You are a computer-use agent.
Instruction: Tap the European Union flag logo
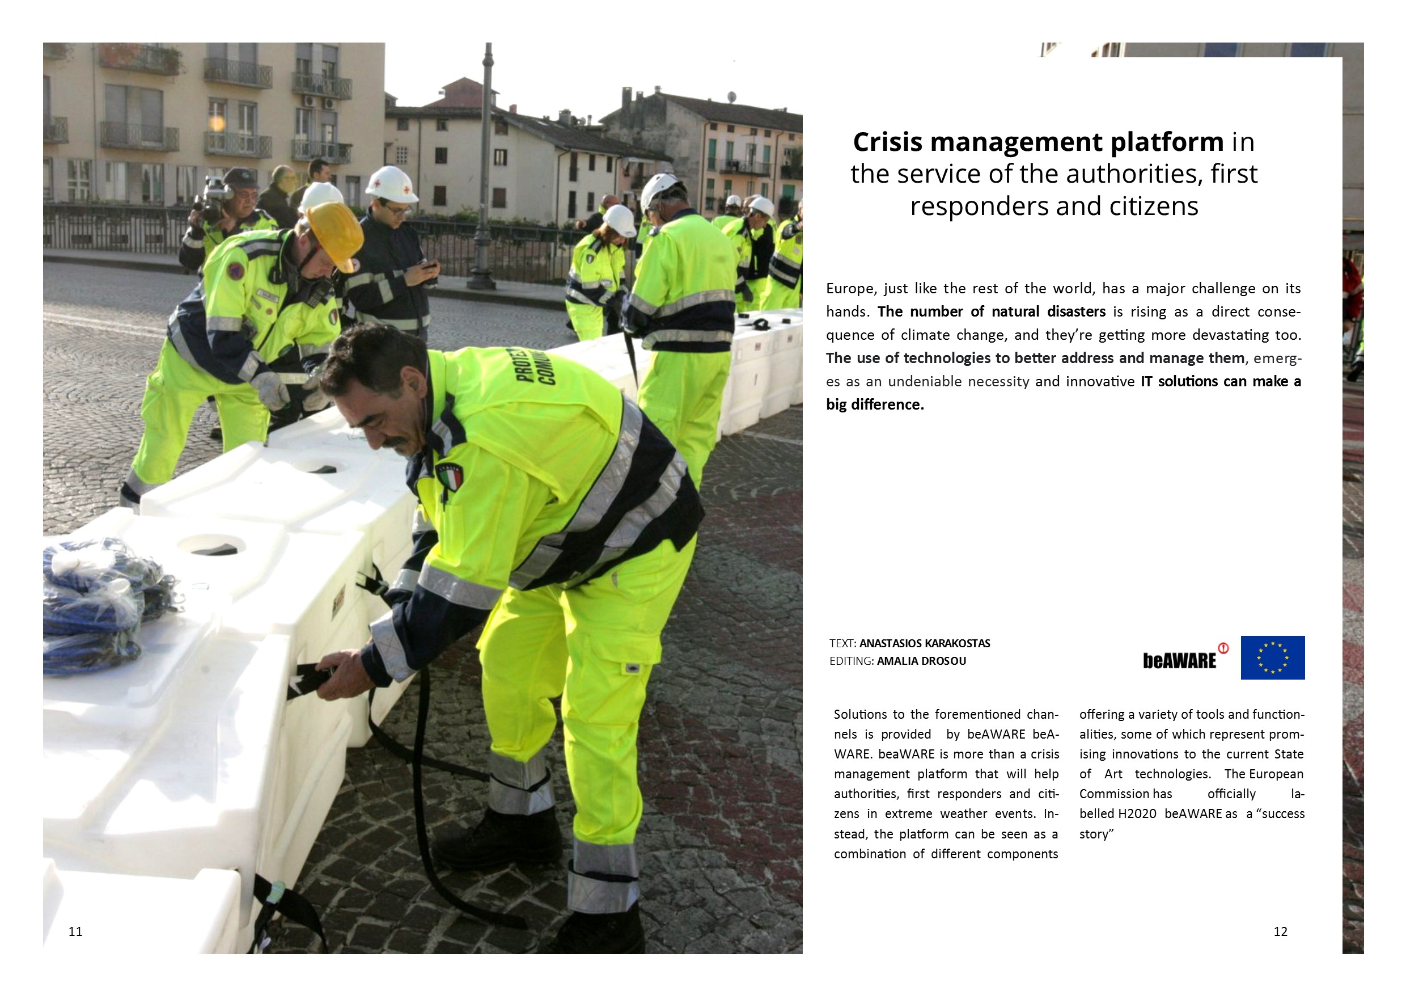(x=1273, y=657)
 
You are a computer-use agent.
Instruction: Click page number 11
(x=75, y=932)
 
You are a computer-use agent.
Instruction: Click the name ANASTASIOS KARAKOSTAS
(x=924, y=643)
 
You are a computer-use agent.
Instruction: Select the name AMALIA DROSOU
(x=921, y=661)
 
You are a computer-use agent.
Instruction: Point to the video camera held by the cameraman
(x=212, y=199)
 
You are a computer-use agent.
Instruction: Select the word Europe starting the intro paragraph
(x=850, y=289)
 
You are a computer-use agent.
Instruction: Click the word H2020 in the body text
(x=1137, y=813)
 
